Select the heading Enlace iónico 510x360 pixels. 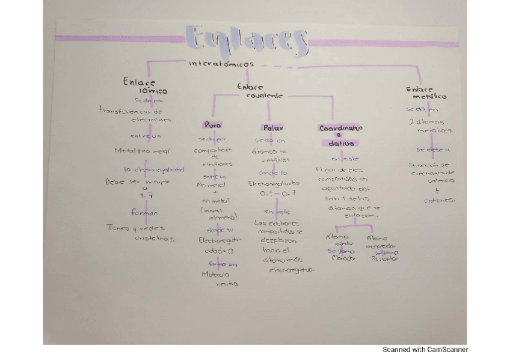[140, 86]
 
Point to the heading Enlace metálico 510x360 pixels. [426, 93]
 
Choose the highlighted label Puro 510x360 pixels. [212, 126]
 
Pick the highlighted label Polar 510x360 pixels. [273, 128]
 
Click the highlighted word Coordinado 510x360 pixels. [340, 128]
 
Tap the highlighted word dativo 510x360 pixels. [340, 144]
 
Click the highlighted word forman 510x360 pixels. [144, 213]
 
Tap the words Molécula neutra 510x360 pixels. [219, 279]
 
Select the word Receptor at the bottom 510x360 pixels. [384, 260]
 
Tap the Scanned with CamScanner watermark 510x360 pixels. [425, 349]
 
